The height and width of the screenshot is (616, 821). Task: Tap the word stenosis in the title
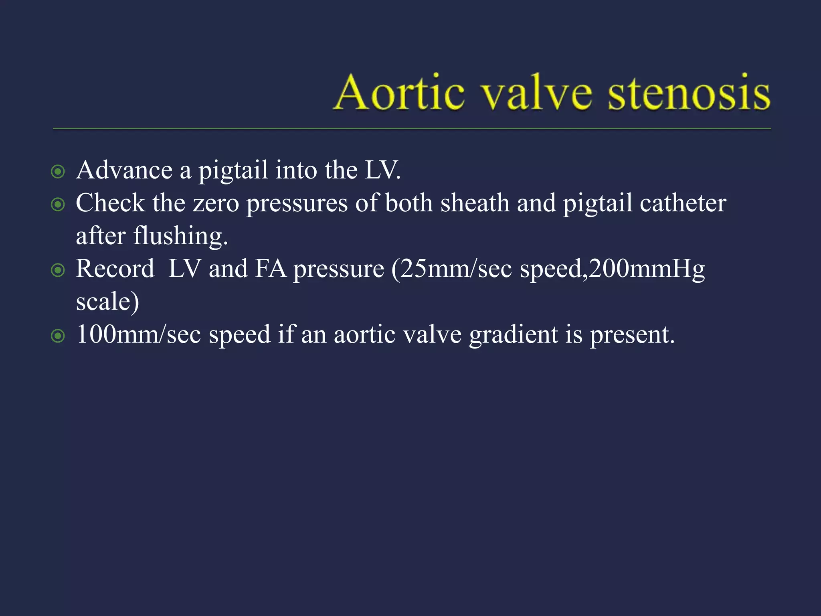pyautogui.click(x=689, y=93)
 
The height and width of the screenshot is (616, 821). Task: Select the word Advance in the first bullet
pyautogui.click(x=124, y=170)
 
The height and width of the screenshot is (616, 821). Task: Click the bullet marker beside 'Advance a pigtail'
pyautogui.click(x=58, y=172)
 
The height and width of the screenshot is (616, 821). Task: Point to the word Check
pyautogui.click(x=110, y=203)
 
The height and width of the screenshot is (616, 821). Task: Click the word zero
pyautogui.click(x=216, y=204)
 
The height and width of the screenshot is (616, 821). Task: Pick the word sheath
pyautogui.click(x=475, y=203)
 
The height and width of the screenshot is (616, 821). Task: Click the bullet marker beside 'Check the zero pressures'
pyautogui.click(x=58, y=205)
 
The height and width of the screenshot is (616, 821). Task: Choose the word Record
pyautogui.click(x=115, y=269)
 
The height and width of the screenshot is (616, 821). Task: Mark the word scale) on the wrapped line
pyautogui.click(x=107, y=302)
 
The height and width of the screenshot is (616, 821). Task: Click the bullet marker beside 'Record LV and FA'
pyautogui.click(x=58, y=270)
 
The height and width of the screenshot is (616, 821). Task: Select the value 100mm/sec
pyautogui.click(x=139, y=334)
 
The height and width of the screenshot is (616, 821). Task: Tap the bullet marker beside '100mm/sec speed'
pyautogui.click(x=58, y=336)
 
